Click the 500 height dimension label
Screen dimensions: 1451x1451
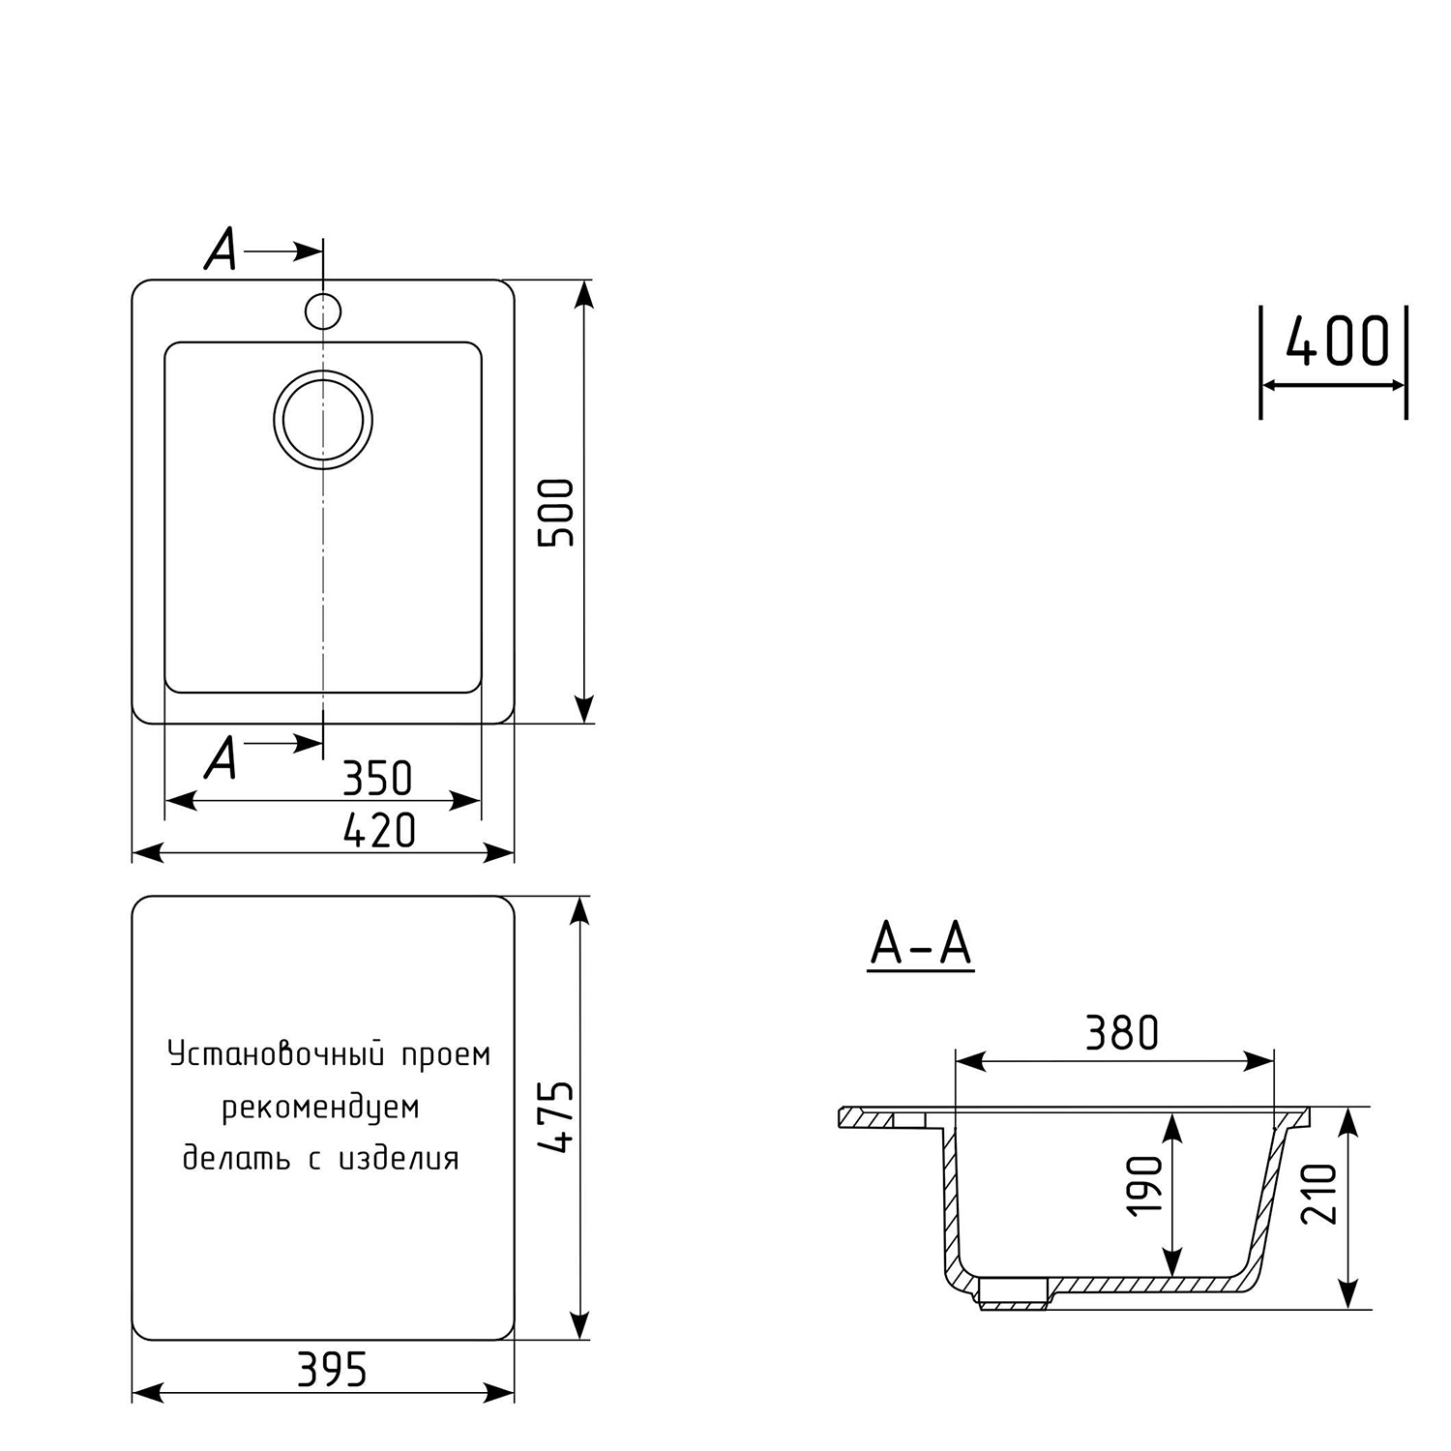pos(557,513)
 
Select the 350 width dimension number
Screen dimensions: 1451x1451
pos(378,778)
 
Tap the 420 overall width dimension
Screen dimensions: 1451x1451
pos(380,830)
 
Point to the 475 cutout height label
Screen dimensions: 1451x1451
pos(557,1116)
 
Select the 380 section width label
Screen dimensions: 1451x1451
pos(1122,1033)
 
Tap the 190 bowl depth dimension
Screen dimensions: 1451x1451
pos(1145,1185)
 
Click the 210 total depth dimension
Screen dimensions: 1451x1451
pos(1319,1194)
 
